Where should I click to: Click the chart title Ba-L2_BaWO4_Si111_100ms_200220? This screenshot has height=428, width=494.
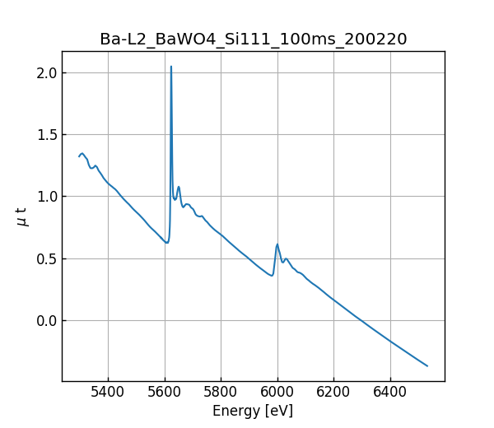pyautogui.click(x=253, y=40)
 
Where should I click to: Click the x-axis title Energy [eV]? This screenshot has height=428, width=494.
pyautogui.click(x=253, y=411)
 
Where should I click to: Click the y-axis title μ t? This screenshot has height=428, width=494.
pyautogui.click(x=22, y=216)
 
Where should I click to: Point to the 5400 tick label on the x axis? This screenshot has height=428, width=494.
pyautogui.click(x=108, y=393)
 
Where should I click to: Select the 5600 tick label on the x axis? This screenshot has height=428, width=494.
pyautogui.click(x=165, y=393)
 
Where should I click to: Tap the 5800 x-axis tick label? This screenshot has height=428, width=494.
pyautogui.click(x=221, y=393)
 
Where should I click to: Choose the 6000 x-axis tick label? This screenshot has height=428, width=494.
pyautogui.click(x=277, y=393)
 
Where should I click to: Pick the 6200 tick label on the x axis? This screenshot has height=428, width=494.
pyautogui.click(x=333, y=393)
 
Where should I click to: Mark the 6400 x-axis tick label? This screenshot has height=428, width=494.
pyautogui.click(x=390, y=393)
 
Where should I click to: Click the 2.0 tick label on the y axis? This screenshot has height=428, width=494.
pyautogui.click(x=46, y=72)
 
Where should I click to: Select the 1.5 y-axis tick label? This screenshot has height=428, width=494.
pyautogui.click(x=46, y=134)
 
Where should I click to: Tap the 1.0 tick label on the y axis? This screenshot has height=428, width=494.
pyautogui.click(x=46, y=197)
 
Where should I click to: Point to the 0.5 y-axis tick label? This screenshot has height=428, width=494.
pyautogui.click(x=46, y=258)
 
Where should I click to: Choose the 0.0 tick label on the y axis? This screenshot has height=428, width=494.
pyautogui.click(x=46, y=320)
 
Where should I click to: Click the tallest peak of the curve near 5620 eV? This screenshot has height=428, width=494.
pyautogui.click(x=171, y=67)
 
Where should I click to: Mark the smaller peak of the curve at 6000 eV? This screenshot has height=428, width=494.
pyautogui.click(x=277, y=244)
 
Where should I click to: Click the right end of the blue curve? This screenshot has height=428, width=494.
pyautogui.click(x=427, y=365)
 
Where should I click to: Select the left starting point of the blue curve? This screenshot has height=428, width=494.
pyautogui.click(x=79, y=156)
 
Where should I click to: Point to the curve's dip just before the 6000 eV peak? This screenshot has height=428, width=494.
pyautogui.click(x=272, y=276)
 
